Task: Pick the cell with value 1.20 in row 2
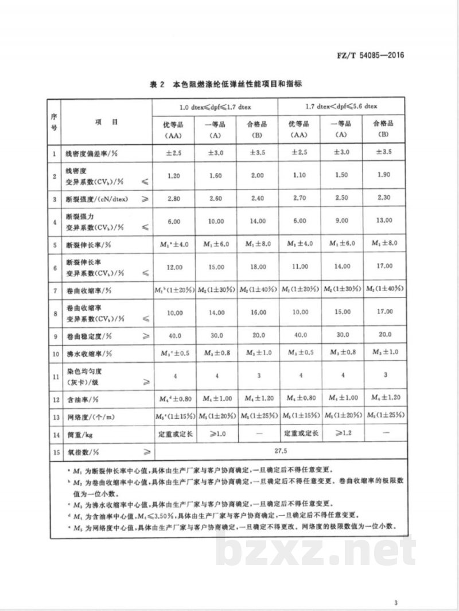pos(173,177)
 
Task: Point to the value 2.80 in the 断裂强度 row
pos(173,199)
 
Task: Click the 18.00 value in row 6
pos(257,266)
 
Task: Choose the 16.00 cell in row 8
pos(257,312)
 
